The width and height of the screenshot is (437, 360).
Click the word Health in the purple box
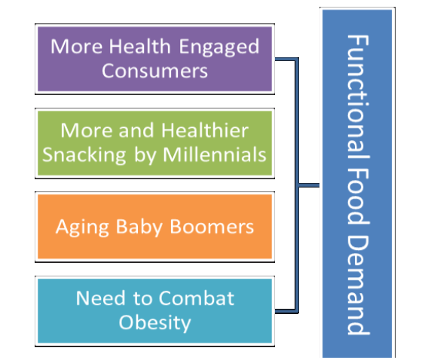point(139,46)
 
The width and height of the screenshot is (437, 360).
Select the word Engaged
point(219,47)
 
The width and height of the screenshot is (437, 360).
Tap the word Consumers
point(154,71)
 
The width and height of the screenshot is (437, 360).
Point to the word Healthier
point(205,130)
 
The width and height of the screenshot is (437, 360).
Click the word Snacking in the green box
point(84,155)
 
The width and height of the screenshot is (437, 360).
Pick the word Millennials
point(215,154)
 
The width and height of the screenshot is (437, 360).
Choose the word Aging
point(82,227)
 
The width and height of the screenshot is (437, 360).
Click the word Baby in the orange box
point(139,227)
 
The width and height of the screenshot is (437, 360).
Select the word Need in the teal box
point(101,298)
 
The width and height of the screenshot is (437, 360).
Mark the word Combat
point(197,298)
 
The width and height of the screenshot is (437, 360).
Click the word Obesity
point(154,323)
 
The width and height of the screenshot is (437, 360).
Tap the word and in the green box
point(136,130)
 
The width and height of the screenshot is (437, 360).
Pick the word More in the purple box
point(77,46)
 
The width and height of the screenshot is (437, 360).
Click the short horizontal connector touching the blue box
point(309,185)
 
